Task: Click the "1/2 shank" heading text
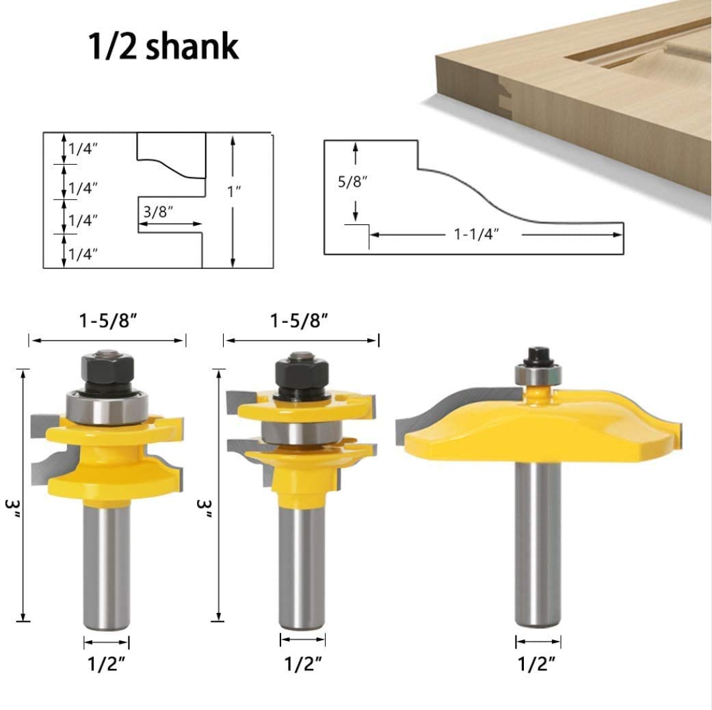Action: click(163, 46)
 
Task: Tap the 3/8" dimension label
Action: click(159, 211)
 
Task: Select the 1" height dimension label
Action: click(234, 192)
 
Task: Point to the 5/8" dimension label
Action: click(352, 181)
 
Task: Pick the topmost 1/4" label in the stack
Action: click(83, 148)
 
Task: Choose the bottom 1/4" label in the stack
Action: click(83, 254)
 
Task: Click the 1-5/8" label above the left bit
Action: click(108, 321)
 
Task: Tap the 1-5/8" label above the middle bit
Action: click(300, 321)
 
